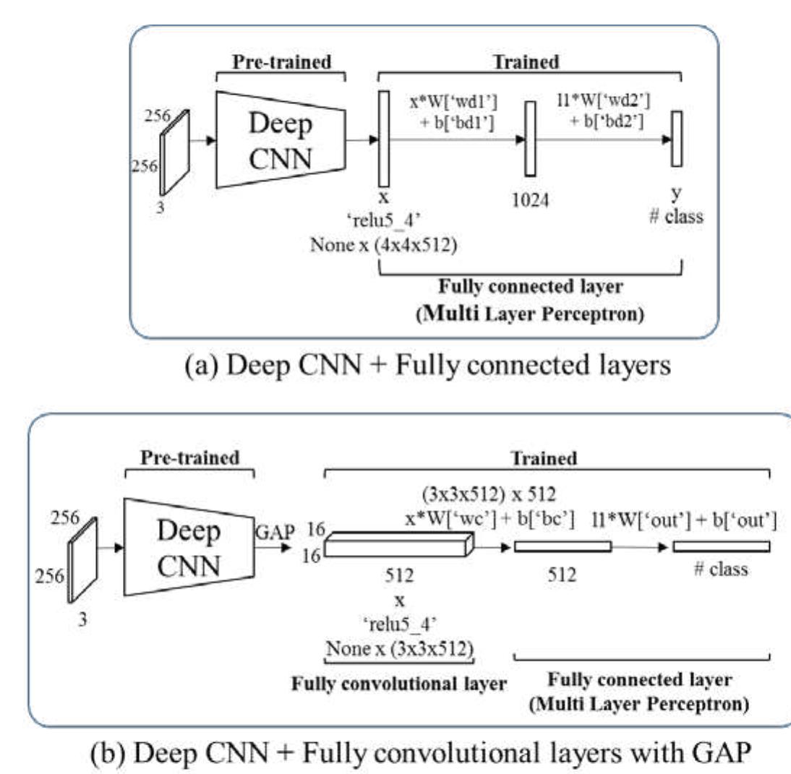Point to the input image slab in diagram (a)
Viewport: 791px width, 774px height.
[174, 152]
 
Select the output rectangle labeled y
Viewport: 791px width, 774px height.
[676, 139]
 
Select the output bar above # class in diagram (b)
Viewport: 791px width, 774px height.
[721, 547]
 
